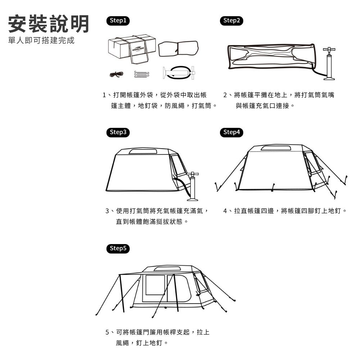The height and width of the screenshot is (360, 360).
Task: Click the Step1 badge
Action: pos(118,21)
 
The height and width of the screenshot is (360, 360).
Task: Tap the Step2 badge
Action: pos(231,21)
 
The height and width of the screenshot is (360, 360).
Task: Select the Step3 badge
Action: pos(118,132)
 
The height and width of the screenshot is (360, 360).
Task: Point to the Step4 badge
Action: pos(231,132)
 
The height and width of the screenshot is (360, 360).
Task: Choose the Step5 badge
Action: pos(118,248)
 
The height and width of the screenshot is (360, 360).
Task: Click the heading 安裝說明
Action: pos(49,24)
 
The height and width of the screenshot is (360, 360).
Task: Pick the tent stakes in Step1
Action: pos(141,74)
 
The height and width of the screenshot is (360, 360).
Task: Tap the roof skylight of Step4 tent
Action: pos(276,148)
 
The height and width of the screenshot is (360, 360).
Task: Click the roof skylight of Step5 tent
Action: pos(167,269)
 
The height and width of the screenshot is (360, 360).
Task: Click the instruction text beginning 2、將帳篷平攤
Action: pos(278,100)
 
